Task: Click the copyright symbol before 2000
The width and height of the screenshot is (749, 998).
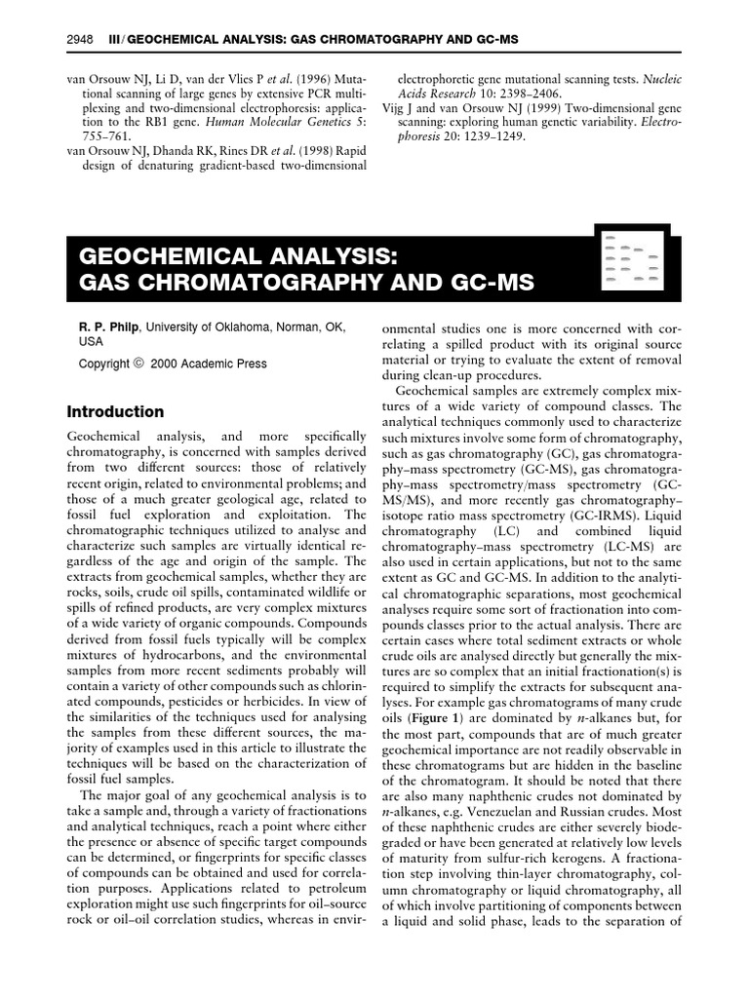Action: [138, 364]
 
